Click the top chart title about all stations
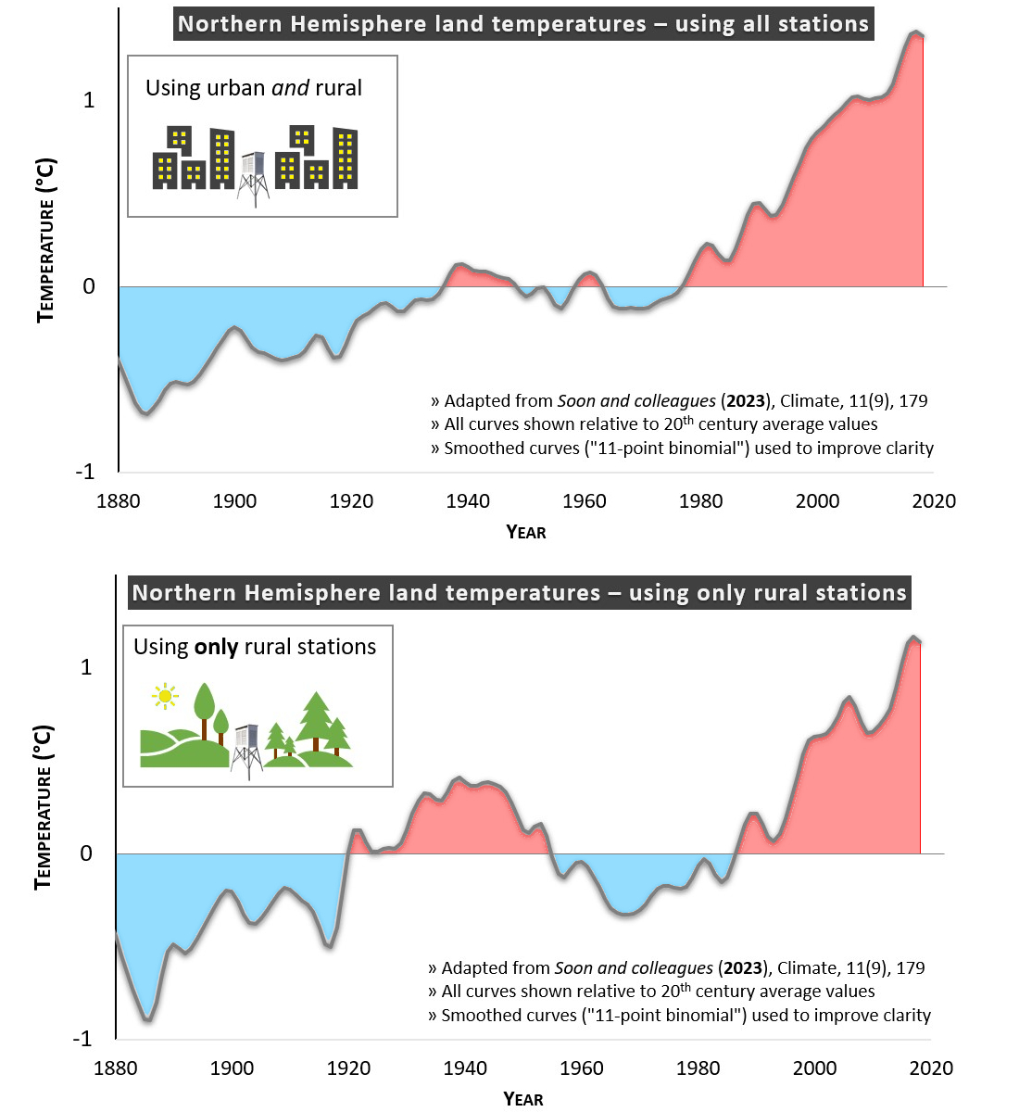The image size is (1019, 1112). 523,24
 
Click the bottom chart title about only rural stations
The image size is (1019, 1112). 519,593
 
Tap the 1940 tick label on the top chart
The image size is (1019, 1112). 468,501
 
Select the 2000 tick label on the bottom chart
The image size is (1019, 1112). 814,1068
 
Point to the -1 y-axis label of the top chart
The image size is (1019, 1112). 84,472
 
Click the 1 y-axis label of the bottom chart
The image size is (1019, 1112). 86,667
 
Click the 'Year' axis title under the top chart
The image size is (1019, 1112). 526,532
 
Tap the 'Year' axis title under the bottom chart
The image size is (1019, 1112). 523,1099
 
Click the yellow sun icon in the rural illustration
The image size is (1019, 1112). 165,696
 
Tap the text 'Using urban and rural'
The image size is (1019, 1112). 254,88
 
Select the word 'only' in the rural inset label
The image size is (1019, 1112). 216,647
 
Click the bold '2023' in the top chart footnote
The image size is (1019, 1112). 746,401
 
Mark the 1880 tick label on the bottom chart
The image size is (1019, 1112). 116,1068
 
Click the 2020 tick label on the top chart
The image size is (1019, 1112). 934,501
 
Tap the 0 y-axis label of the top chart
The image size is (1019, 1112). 89,286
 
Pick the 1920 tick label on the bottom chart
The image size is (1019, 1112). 348,1068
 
